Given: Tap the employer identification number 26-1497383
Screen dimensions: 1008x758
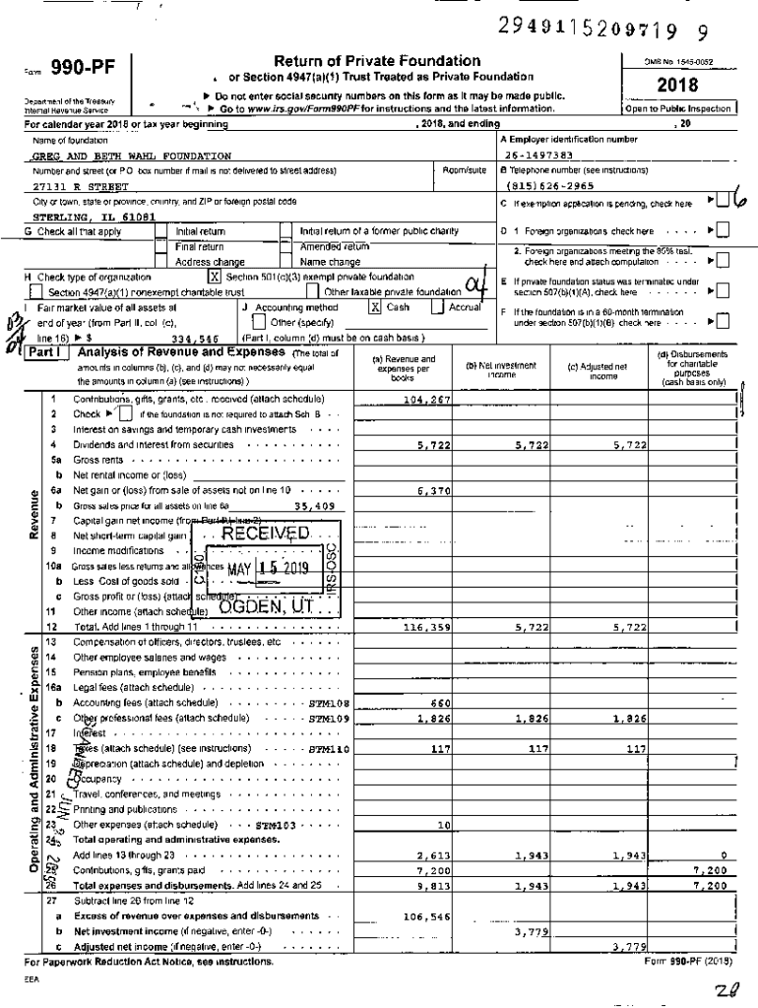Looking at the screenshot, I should pos(538,156).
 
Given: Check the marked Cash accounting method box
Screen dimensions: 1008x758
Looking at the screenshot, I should pos(375,307).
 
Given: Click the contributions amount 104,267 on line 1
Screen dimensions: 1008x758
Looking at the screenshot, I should pos(428,401).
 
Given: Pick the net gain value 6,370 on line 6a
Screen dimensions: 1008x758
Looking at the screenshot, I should pos(434,489).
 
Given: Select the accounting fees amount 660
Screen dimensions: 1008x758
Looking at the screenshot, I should pos(440,703).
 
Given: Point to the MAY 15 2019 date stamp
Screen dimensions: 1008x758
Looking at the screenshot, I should pos(268,568).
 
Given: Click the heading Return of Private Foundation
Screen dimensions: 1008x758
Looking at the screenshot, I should pos(377,61).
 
